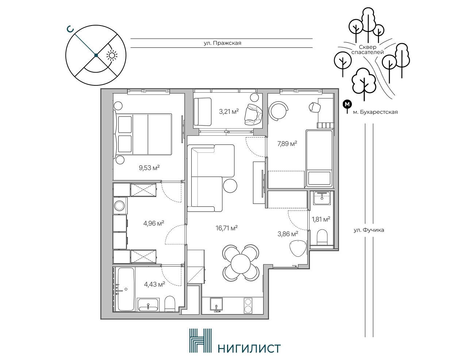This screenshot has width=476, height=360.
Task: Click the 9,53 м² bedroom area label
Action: point(149,167)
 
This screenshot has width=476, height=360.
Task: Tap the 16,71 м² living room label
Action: point(227,228)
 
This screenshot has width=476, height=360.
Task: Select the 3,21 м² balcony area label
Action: point(229,112)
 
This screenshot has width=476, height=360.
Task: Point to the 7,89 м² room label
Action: point(287,144)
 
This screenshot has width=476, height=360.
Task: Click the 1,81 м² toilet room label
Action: point(321,220)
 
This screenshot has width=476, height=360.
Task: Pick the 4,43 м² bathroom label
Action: point(155,284)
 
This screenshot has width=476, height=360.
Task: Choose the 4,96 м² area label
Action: point(154,223)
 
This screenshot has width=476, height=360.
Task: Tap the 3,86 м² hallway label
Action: point(288,234)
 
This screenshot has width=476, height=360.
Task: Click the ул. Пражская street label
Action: point(223,43)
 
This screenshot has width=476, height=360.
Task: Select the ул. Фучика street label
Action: point(369,230)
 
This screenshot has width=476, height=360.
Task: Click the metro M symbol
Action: point(347,104)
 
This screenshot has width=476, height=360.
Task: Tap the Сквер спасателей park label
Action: point(368,50)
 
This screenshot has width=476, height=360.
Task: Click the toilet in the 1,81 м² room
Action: point(322,237)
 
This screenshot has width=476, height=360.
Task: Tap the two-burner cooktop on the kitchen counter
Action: point(248,306)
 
